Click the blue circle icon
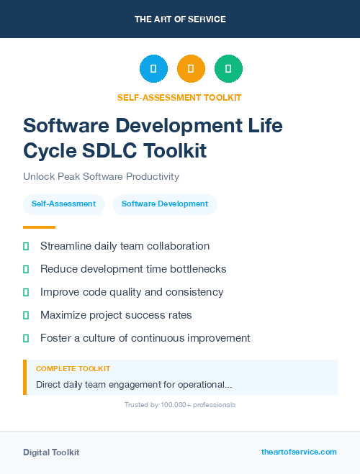pos(153,69)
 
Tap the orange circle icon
pos(191,69)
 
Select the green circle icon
pos(228,69)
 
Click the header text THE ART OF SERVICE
pos(180,19)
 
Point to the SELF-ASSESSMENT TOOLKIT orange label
pos(179,97)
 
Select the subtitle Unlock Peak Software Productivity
pos(101,176)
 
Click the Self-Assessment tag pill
pos(63,204)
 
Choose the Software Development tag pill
pos(165,204)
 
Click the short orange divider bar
pos(39,227)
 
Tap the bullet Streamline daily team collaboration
pos(125,246)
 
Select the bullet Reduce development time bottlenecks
pos(133,269)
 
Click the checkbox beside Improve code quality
pos(26,292)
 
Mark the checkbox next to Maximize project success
pos(26,315)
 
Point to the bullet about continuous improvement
pos(145,338)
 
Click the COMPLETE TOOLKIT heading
pos(73,368)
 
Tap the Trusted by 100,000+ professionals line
pos(179,405)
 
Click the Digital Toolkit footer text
pos(51,452)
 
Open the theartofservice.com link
pos(299,452)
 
